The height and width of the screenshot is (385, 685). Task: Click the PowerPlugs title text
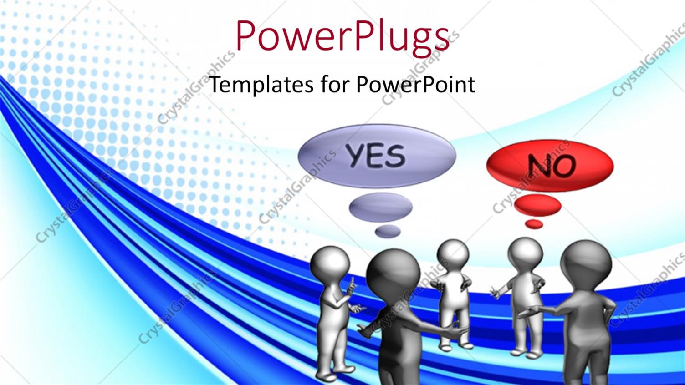tap(342, 36)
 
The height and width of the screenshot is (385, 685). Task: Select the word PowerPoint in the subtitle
tap(415, 85)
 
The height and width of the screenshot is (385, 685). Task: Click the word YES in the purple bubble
tap(375, 156)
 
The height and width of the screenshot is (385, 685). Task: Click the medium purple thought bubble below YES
tap(381, 207)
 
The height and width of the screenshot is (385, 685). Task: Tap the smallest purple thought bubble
tap(388, 231)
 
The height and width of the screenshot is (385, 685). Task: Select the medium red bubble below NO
tap(538, 205)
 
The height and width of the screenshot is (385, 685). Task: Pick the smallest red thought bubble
tap(534, 224)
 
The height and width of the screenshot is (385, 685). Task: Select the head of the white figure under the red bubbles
tap(525, 254)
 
